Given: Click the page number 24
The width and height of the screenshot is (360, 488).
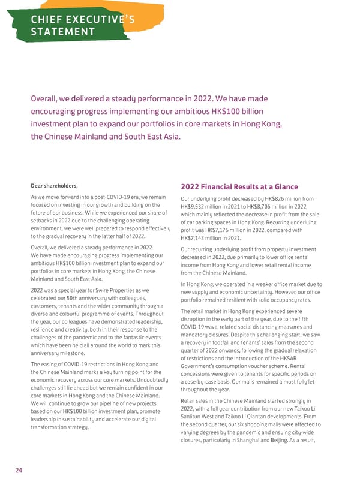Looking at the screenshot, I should point(19,470).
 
